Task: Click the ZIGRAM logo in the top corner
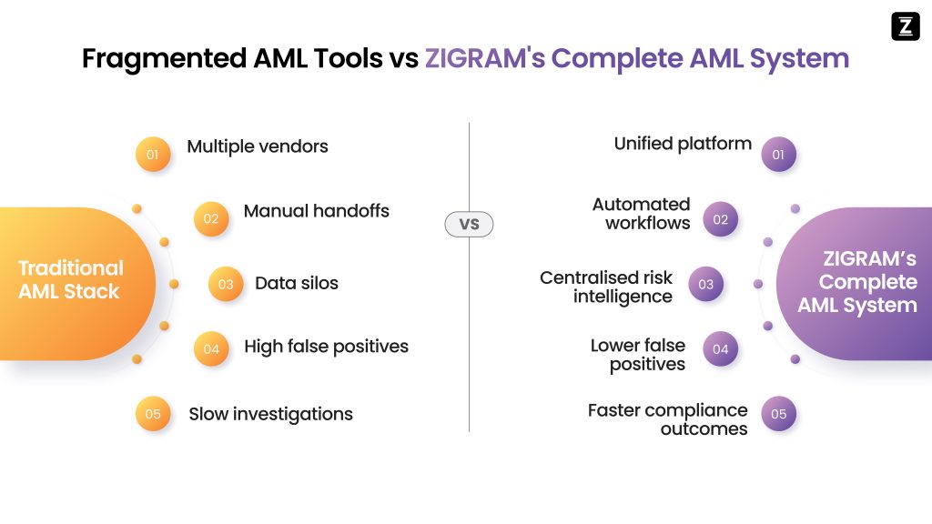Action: pos(905,26)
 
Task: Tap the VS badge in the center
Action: pos(469,224)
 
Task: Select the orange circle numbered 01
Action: pos(153,155)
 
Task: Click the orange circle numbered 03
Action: pos(226,284)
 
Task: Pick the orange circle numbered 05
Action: pos(153,414)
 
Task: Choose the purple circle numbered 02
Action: pos(721,219)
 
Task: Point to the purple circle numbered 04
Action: pos(721,349)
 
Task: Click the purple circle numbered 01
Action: pos(778,155)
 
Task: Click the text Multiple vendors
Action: pos(258,146)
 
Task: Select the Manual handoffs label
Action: pos(316,211)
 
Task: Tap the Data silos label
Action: pos(296,283)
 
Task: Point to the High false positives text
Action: pos(326,347)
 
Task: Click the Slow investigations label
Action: pos(270,414)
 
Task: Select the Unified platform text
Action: pos(683,144)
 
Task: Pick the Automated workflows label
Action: pos(642,214)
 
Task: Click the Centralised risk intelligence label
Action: pos(606,287)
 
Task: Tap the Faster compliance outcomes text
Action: pos(667,419)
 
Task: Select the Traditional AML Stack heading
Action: pos(70,280)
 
